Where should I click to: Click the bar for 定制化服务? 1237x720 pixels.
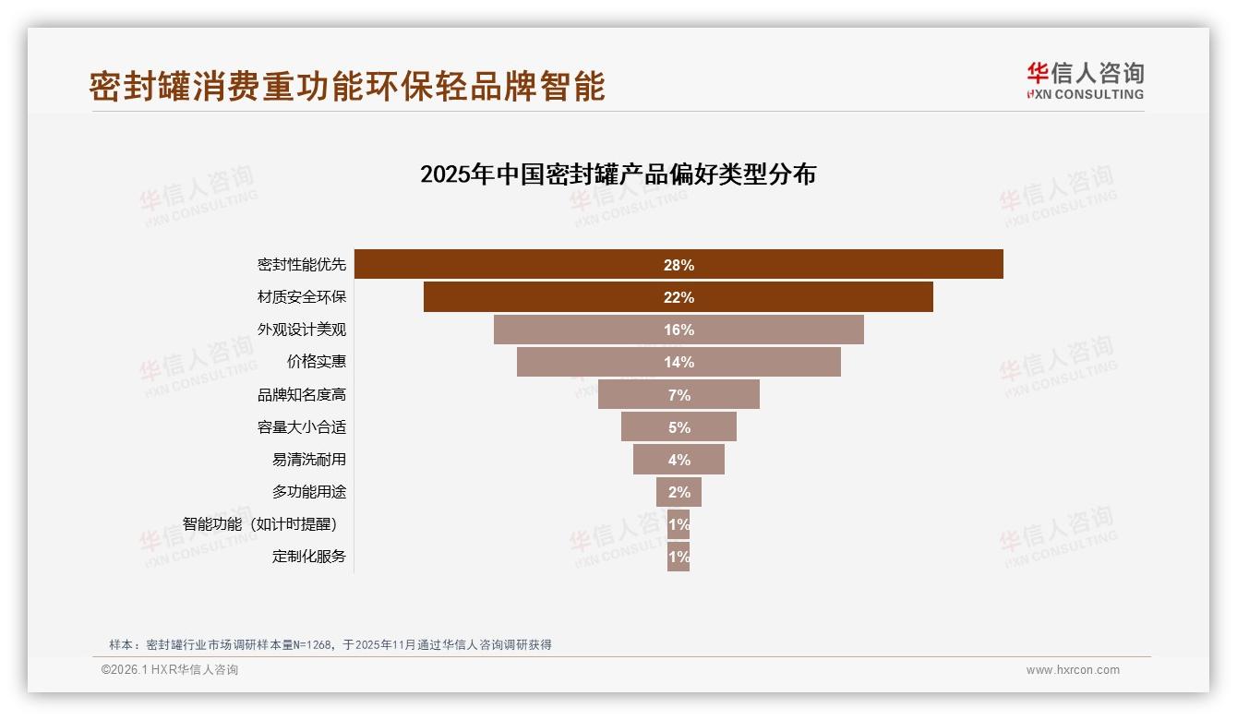point(679,557)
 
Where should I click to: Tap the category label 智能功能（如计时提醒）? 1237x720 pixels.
point(264,524)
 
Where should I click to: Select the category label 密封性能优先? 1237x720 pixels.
point(301,265)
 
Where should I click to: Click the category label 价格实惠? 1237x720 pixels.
point(316,362)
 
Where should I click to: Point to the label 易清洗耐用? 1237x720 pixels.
point(308,460)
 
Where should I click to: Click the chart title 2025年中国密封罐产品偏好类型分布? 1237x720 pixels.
point(618,174)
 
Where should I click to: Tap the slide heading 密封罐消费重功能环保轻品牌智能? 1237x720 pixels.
point(347,86)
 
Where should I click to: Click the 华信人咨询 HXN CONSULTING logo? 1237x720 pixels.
point(1085,81)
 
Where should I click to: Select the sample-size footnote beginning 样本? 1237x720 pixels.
point(330,644)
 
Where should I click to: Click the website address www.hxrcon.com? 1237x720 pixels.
point(1073,670)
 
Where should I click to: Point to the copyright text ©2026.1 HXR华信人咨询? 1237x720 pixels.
point(170,670)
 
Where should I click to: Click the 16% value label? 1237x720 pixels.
point(679,330)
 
